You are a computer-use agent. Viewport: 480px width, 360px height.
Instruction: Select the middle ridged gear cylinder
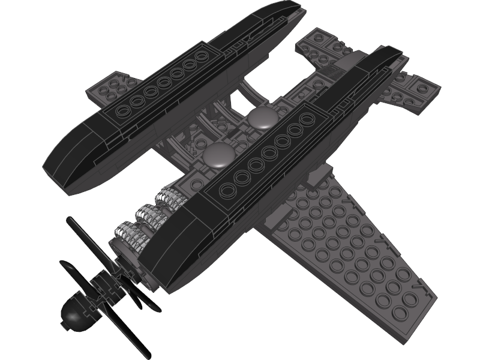(151, 215)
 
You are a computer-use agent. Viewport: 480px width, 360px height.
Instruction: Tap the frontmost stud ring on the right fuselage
(229, 191)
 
